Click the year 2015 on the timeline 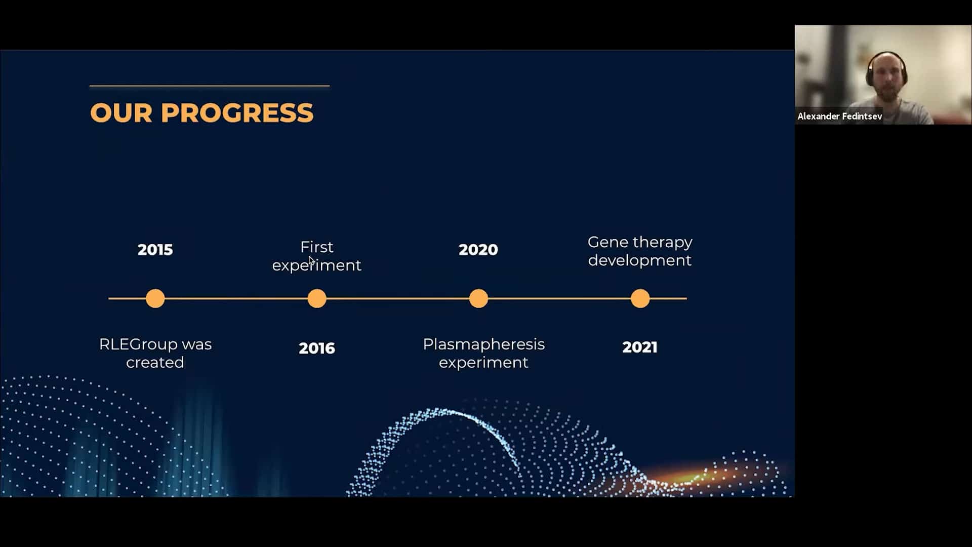coord(155,250)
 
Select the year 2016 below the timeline coord(317,348)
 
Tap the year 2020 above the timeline coord(478,250)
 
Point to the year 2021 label coord(640,347)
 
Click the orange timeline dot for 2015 coord(155,298)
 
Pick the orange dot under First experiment coord(317,298)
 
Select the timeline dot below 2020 coord(478,298)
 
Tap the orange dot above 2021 coord(640,298)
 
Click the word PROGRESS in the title coord(237,112)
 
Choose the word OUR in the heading coord(121,112)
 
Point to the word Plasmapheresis coord(484,344)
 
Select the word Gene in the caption coord(607,242)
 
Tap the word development coord(640,260)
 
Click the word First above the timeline coord(317,247)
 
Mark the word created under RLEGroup coord(155,363)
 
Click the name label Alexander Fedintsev coord(840,116)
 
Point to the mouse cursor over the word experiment coord(311,261)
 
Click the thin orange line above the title coord(210,86)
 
